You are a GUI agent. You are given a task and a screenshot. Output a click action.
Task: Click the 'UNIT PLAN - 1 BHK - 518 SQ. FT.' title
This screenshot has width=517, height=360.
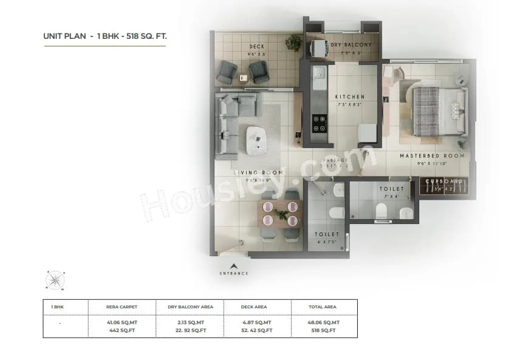click(104, 36)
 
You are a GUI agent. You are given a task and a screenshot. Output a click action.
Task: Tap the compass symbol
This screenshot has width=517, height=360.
click(55, 280)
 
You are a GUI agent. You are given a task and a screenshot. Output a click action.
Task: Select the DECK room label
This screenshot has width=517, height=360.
click(256, 47)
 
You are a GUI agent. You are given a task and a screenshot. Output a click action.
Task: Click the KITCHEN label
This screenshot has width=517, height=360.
click(350, 97)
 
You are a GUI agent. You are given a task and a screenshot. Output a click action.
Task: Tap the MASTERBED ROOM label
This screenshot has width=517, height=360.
click(432, 156)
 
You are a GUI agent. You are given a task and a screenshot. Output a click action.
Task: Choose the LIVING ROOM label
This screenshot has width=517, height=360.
click(259, 173)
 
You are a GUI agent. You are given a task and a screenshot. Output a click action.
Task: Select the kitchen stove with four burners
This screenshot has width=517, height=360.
click(319, 123)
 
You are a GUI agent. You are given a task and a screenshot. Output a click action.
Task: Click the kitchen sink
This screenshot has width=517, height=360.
click(319, 78)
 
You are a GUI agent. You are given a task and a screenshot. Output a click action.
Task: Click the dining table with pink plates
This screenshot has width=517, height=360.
click(280, 214)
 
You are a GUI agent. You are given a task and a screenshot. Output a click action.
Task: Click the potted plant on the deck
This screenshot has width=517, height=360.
click(294, 42)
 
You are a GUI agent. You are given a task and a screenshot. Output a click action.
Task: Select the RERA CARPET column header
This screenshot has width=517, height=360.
click(122, 307)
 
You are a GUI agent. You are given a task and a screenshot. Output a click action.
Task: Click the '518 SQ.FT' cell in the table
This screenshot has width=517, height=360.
click(324, 330)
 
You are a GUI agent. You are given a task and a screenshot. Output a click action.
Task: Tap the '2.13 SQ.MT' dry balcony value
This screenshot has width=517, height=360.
click(190, 322)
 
